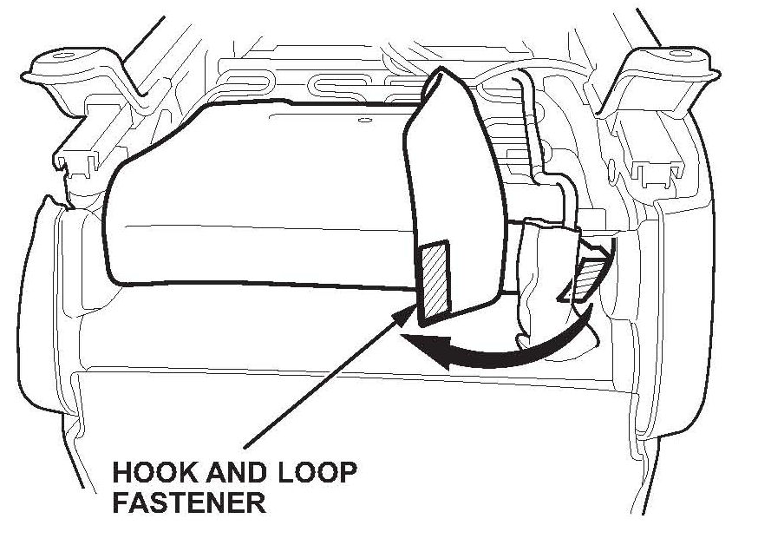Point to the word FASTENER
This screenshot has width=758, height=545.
click(x=188, y=503)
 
